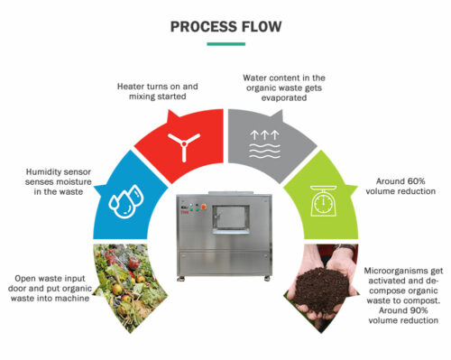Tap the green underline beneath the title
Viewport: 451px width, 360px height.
coord(225,43)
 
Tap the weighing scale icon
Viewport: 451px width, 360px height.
coord(322,201)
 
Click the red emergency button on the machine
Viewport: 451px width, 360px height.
coord(191,205)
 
